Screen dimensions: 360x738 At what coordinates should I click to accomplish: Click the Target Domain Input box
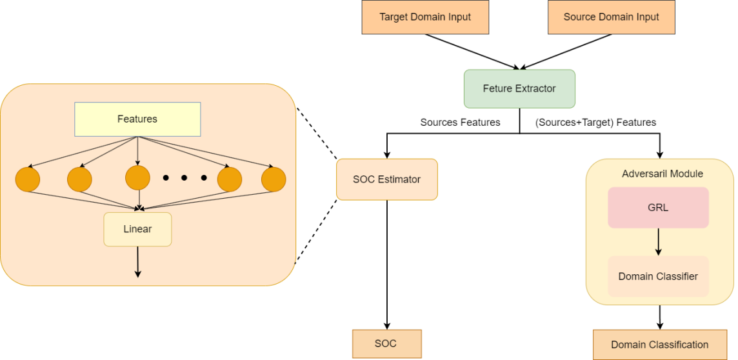pos(425,17)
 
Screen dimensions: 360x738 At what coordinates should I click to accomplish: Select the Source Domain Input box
pos(611,17)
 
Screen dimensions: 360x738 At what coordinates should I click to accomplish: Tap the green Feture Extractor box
pos(519,88)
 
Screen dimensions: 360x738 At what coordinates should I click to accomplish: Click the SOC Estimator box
pos(386,179)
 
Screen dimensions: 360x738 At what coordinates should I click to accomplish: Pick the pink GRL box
pos(658,208)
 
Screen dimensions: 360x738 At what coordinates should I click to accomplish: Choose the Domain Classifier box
pos(658,276)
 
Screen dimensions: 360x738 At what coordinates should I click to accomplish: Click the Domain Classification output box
pos(659,345)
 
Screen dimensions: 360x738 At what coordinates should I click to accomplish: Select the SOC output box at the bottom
pos(386,343)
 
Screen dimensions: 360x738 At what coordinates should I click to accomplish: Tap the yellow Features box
pos(137,119)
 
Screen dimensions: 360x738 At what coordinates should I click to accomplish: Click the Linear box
pos(137,229)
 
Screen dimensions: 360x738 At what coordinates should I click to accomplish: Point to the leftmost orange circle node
pos(28,179)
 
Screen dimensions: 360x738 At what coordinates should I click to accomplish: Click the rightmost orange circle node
pos(274,179)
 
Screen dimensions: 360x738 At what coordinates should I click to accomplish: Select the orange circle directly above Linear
pos(137,178)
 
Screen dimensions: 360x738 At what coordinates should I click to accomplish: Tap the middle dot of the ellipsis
pos(184,178)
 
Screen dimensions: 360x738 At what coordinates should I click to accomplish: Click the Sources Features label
pos(460,122)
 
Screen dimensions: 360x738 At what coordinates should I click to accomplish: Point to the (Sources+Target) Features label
pos(595,122)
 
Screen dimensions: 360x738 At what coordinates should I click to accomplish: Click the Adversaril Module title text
pos(662,174)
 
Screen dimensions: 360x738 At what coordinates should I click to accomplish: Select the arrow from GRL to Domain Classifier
pos(658,242)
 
